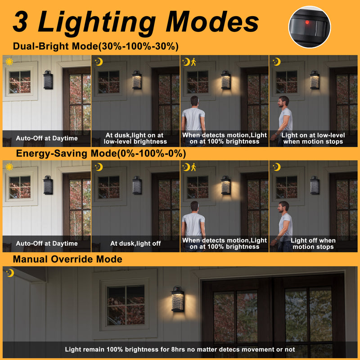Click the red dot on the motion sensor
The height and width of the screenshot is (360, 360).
307,22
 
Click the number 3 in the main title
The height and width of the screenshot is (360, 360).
20,22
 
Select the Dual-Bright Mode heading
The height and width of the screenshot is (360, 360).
96,46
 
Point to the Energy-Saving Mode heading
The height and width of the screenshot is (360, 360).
101,153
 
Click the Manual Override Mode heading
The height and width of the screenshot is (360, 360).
67,259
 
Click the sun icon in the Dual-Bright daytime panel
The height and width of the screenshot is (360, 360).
9,62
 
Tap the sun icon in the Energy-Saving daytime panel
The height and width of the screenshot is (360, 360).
9,167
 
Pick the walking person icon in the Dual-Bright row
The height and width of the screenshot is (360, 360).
193,62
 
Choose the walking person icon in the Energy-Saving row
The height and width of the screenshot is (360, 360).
193,167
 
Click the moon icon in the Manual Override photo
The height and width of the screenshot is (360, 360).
10,273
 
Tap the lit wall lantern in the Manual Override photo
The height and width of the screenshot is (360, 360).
178,299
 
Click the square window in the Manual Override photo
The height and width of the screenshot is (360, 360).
126,305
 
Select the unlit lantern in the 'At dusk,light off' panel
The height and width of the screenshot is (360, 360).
137,185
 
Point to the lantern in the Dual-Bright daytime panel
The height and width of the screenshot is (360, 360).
48,80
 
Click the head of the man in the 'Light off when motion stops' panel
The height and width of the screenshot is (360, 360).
283,207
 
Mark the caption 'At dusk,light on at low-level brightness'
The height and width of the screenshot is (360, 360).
135,138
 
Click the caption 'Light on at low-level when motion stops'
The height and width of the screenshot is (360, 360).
313,138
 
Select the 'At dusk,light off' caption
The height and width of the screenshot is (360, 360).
135,243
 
